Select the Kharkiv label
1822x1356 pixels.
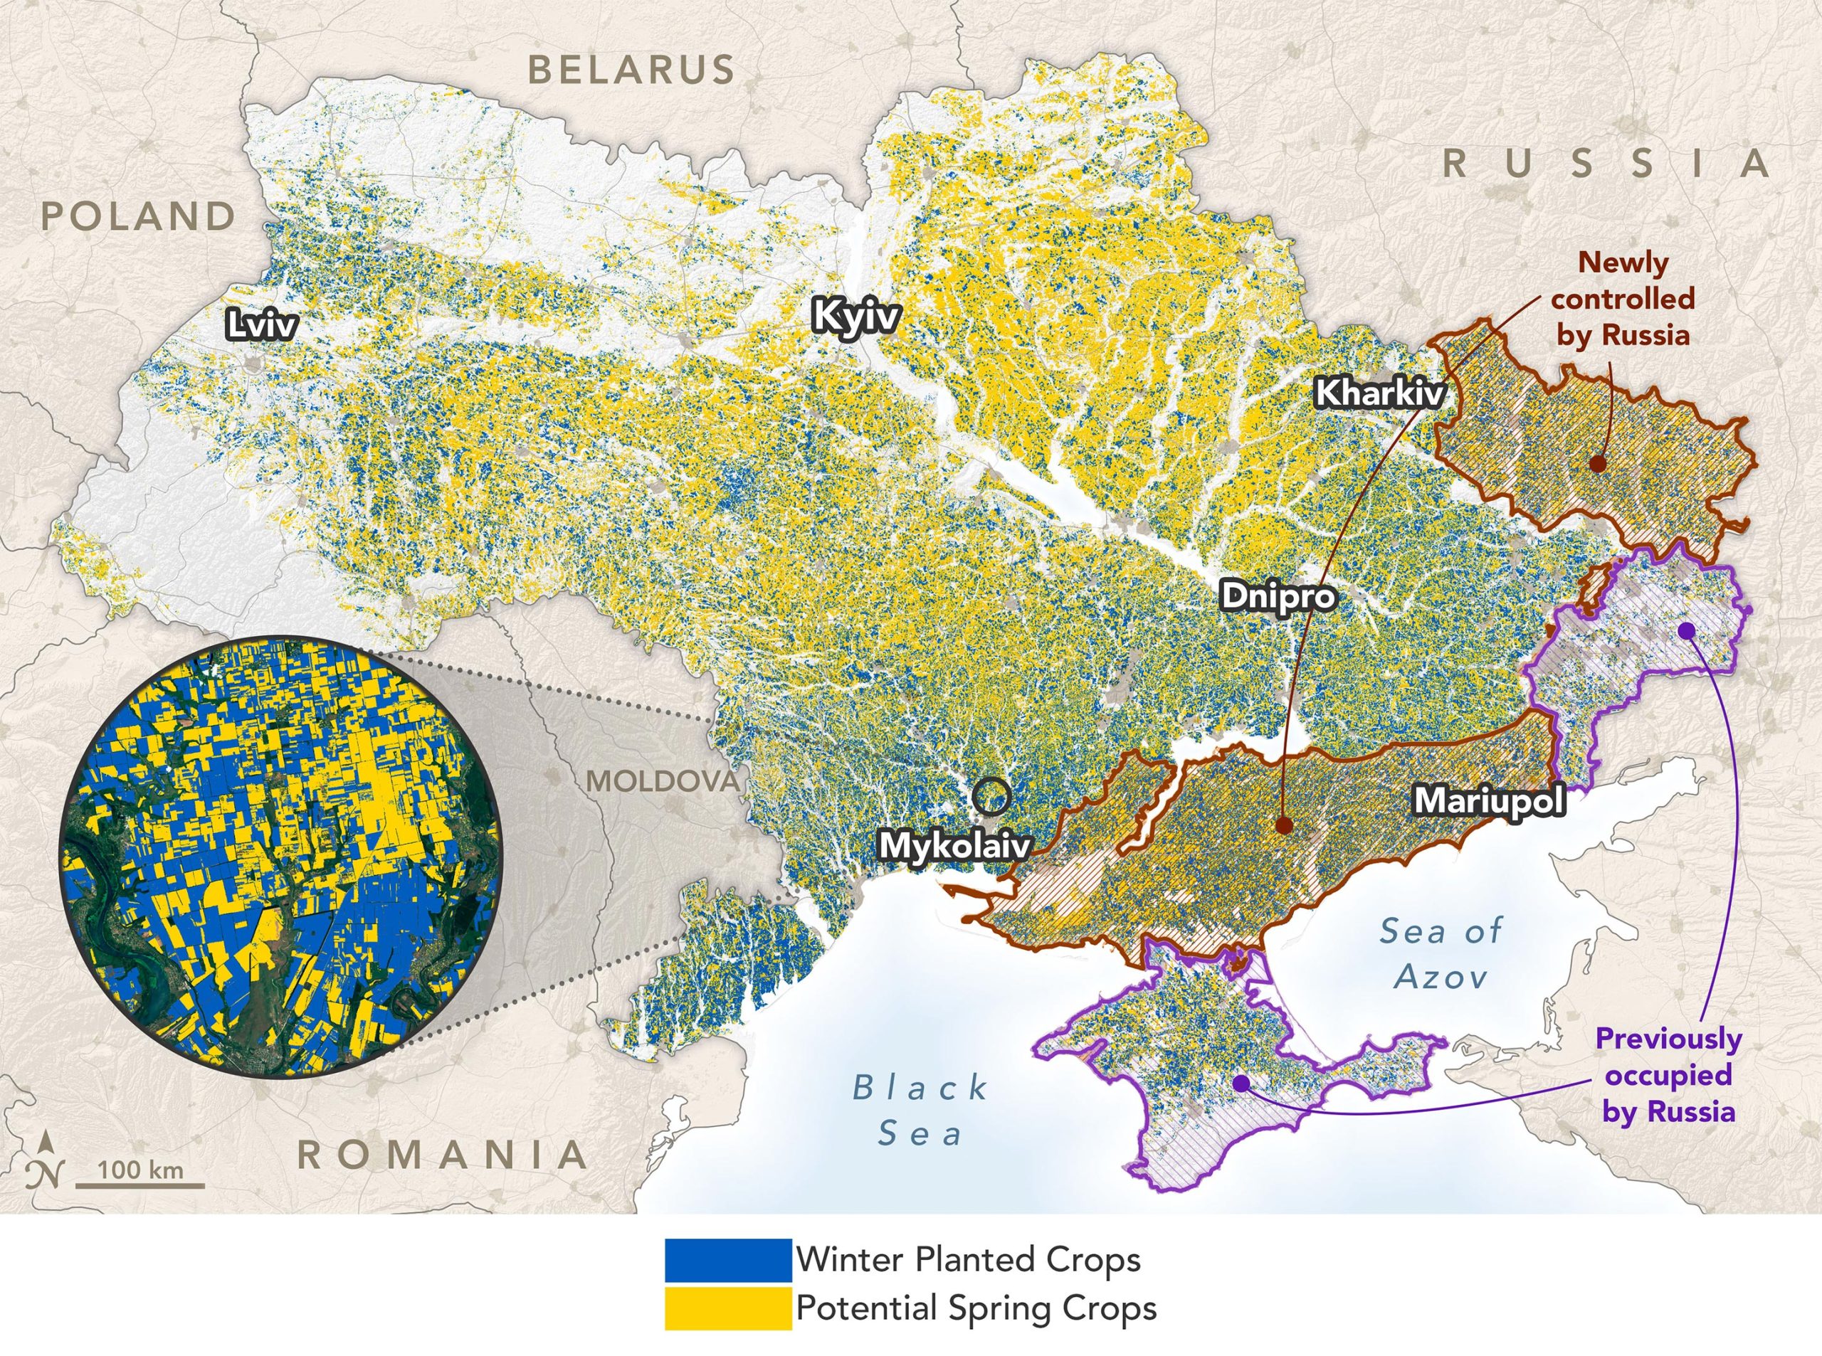(x=1379, y=393)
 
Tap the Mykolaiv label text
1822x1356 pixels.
(x=954, y=845)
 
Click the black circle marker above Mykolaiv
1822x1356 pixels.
(x=992, y=795)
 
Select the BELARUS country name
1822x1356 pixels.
(x=631, y=70)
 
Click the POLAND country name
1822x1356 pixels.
(x=139, y=217)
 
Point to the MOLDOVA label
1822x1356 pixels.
(x=663, y=781)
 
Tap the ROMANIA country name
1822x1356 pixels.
(x=443, y=1155)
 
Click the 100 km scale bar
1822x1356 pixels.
(x=140, y=1183)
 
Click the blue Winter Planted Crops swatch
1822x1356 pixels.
(x=727, y=1261)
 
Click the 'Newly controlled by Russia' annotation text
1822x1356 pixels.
(x=1623, y=299)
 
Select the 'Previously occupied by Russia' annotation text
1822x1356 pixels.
(x=1668, y=1074)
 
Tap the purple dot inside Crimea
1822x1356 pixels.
(x=1241, y=1084)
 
